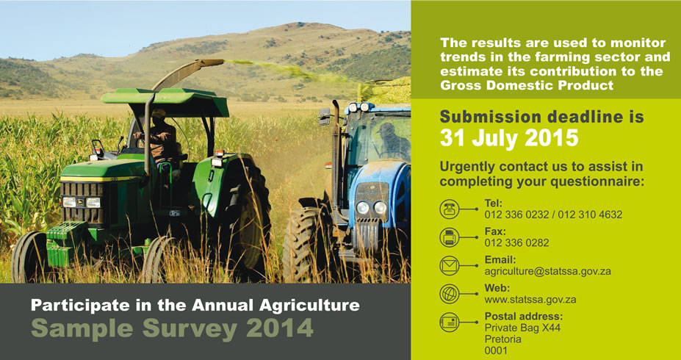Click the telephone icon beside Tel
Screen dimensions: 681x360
click(449, 209)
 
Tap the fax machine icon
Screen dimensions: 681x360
click(449, 237)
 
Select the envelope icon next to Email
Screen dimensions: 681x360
click(449, 265)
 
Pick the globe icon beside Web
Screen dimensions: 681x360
click(449, 294)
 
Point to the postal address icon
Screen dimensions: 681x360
click(449, 323)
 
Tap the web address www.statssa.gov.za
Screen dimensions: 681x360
click(530, 299)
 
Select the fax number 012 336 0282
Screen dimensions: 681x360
click(517, 242)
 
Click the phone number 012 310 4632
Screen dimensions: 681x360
click(590, 215)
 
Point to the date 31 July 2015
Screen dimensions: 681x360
click(509, 137)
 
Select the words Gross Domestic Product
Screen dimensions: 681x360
click(527, 84)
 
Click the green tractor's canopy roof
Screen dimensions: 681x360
click(165, 102)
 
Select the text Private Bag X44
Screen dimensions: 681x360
click(522, 328)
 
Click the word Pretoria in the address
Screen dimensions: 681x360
click(503, 339)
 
